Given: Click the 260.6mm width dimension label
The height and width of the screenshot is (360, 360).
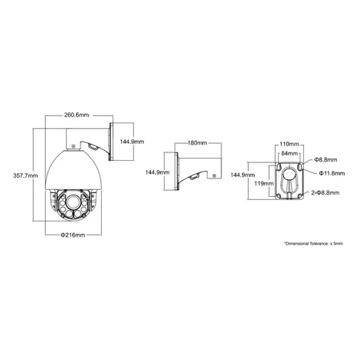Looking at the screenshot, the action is [x=77, y=115].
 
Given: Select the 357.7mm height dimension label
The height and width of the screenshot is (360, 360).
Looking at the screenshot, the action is [x=25, y=175].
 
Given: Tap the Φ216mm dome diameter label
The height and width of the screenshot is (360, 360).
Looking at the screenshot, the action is [x=73, y=235].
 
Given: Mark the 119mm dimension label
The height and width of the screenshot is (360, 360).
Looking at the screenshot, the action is [x=264, y=183].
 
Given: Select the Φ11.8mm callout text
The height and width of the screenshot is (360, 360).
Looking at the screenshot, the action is [x=332, y=173].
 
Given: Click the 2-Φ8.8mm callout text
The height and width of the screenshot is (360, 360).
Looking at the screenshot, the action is [x=326, y=192].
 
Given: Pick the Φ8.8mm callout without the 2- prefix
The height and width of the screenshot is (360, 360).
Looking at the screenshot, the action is [x=326, y=160].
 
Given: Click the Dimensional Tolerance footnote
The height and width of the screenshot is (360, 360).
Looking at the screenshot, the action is [x=313, y=244].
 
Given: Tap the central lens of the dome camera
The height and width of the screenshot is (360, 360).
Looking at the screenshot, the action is [x=73, y=201].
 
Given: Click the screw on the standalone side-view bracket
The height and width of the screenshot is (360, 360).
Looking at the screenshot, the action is [x=214, y=175].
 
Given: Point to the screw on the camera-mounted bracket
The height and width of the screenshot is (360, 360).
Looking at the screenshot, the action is [x=74, y=146].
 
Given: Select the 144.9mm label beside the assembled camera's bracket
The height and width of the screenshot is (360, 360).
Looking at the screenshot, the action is [x=132, y=142].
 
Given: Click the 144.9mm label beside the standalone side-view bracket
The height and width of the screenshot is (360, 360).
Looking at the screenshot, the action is [x=157, y=172].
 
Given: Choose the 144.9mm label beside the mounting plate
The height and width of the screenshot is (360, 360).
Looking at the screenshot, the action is [x=243, y=175].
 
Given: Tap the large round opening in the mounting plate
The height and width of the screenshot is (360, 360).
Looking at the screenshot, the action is [x=290, y=176].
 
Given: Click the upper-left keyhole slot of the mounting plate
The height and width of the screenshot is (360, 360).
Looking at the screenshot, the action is [x=278, y=166].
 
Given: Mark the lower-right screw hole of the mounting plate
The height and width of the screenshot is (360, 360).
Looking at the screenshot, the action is [x=300, y=196].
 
